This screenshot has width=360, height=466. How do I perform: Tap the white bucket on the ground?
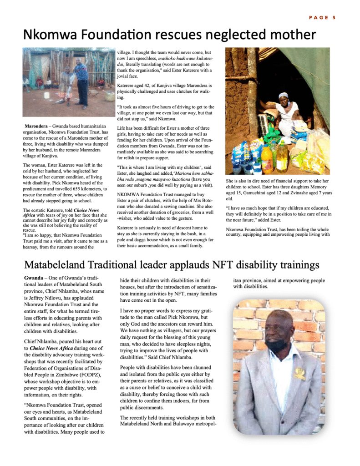click(47, 96)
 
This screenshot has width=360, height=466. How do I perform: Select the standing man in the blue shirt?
click(82, 82)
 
